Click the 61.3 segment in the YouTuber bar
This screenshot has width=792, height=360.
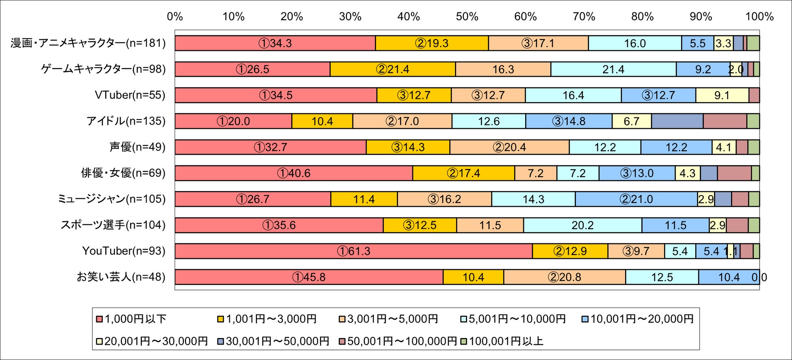point(353,251)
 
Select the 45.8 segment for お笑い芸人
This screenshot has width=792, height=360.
point(309,277)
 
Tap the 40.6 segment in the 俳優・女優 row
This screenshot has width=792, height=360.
point(294,173)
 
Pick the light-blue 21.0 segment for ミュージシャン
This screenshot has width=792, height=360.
point(636,199)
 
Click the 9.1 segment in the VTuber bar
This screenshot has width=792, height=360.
point(722,95)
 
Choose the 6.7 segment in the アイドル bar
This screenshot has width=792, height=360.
point(632,121)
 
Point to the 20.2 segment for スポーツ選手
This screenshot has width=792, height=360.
point(582,225)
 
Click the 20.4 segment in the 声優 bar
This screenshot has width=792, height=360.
point(509,147)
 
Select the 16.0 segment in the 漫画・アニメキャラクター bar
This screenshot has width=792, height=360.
point(635,43)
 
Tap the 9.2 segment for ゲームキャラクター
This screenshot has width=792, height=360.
point(703,69)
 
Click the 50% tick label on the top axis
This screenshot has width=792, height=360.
point(467,17)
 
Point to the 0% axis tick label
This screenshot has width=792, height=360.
point(175,17)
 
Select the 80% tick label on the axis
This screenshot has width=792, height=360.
point(643,17)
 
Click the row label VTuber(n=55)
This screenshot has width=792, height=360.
point(130,95)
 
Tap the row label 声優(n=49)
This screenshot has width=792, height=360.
point(137,147)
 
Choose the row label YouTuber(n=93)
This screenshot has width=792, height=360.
point(124,251)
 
